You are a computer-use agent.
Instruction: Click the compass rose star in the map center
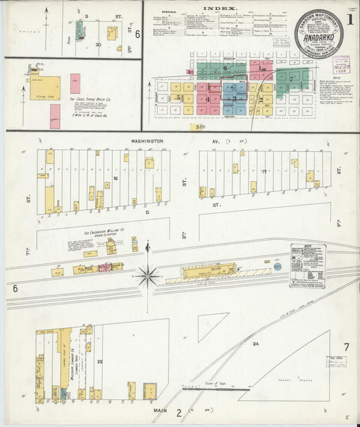pos(147,275)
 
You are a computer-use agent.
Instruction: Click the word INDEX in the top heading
pos(215,8)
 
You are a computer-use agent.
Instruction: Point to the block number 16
pos(115,178)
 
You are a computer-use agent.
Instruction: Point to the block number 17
pos(265,172)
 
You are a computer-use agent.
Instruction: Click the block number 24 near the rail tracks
pos(255,344)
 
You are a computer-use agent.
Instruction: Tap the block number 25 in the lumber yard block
pos(100,362)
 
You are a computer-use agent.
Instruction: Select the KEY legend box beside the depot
pos(307,266)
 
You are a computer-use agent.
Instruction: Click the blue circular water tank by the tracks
pos(278,266)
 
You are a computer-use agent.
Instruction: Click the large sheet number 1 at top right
pos(349,20)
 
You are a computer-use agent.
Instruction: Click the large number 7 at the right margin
pos(346,347)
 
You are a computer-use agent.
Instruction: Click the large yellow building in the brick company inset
pos(45,88)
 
